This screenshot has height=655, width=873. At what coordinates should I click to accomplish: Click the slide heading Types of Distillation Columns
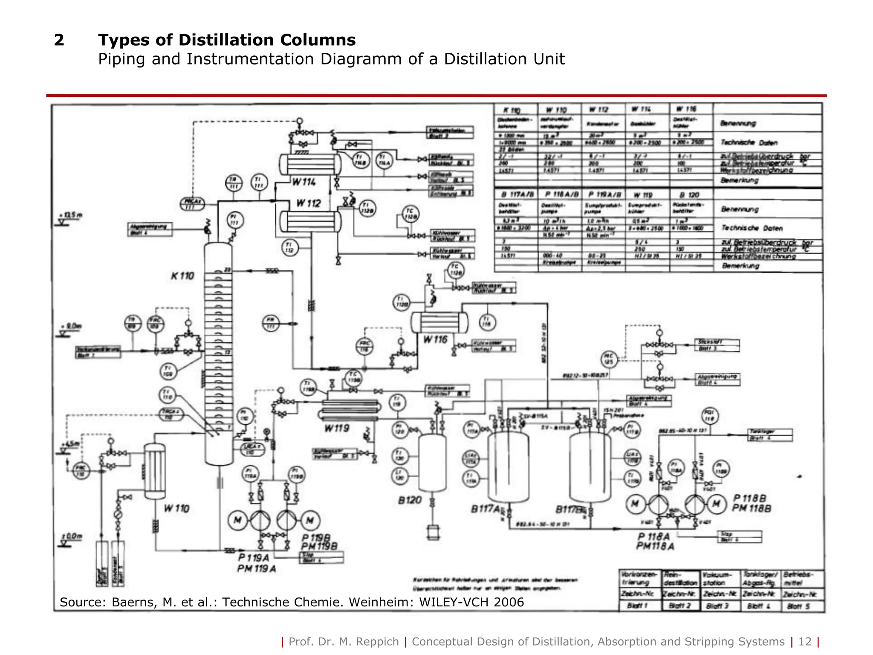point(227,40)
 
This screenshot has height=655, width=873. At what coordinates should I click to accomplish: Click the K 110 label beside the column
point(182,276)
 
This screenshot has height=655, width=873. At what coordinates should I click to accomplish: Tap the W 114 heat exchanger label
point(304,182)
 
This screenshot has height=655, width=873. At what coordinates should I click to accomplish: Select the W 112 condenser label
point(308,203)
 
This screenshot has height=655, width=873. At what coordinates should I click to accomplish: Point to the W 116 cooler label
point(435,339)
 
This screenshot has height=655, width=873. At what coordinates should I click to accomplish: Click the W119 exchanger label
point(337,428)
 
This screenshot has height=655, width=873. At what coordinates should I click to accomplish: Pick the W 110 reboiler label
point(176,508)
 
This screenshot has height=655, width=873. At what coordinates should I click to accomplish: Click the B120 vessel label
point(410,500)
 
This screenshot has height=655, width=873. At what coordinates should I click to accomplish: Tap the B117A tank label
point(485,509)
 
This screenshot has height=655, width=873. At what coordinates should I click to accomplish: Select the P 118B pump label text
point(749,498)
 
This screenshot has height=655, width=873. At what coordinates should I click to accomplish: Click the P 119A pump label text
point(254,558)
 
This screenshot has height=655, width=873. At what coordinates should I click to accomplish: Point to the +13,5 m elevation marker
point(71,215)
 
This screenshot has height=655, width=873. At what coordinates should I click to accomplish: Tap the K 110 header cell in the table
point(515,110)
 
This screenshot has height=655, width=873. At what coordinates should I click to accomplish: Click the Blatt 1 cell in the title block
point(639,606)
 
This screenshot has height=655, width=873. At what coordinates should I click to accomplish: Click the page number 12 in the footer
point(804,642)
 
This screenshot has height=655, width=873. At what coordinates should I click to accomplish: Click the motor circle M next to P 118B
point(717,504)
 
